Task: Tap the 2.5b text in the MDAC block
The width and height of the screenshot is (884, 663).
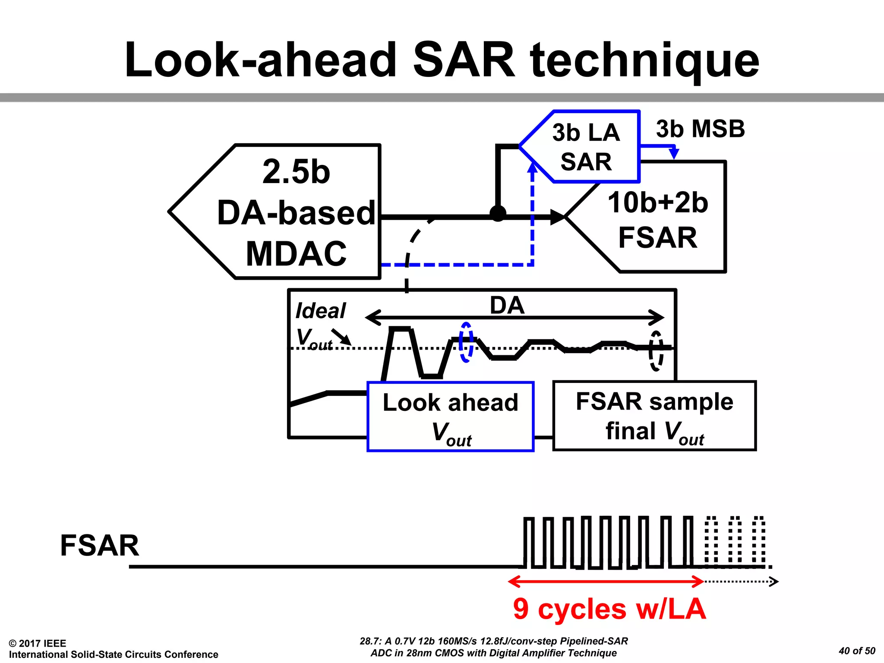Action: pyautogui.click(x=296, y=172)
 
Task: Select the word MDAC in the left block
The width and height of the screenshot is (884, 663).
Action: pyautogui.click(x=296, y=254)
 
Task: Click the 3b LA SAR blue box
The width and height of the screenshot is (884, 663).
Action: pyautogui.click(x=586, y=147)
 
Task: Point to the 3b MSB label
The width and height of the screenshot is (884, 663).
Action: pyautogui.click(x=700, y=129)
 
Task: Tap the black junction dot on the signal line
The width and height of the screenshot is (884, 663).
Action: pyautogui.click(x=498, y=213)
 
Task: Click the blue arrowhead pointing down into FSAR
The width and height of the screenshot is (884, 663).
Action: pyautogui.click(x=673, y=154)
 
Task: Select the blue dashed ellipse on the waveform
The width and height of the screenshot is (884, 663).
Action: pyautogui.click(x=466, y=342)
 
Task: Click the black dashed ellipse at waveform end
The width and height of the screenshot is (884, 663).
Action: pyautogui.click(x=656, y=350)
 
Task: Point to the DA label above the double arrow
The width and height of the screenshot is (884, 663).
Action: pyautogui.click(x=507, y=306)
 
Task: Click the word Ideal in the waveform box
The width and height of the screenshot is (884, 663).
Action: pyautogui.click(x=320, y=311)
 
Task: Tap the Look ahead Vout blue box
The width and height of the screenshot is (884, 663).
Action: pyautogui.click(x=450, y=417)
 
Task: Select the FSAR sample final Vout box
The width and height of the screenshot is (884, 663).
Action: pyautogui.click(x=654, y=416)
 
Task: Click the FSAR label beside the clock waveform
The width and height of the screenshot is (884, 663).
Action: pyautogui.click(x=100, y=545)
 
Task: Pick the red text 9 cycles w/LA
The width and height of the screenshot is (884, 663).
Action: pyautogui.click(x=609, y=609)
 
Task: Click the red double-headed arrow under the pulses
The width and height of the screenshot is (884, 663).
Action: pyautogui.click(x=606, y=581)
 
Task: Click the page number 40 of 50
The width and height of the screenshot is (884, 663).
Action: pyautogui.click(x=856, y=650)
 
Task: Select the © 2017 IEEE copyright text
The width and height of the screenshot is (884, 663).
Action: pyautogui.click(x=38, y=643)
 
